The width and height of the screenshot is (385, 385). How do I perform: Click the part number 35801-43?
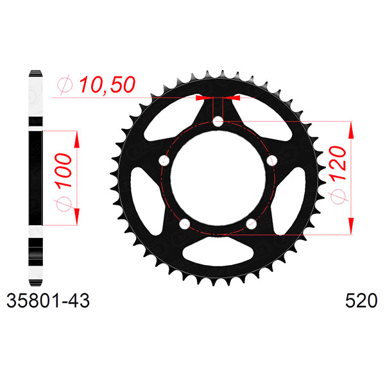pyautogui.click(x=48, y=301)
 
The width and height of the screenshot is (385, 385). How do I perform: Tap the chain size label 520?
pyautogui.click(x=361, y=301)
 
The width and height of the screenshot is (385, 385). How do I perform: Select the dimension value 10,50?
pyautogui.click(x=107, y=85)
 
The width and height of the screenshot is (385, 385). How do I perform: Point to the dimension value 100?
pyautogui.click(x=64, y=171)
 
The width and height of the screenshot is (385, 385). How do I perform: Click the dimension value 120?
pyautogui.click(x=338, y=163)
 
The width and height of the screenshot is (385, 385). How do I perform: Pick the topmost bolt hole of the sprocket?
pyautogui.click(x=218, y=121)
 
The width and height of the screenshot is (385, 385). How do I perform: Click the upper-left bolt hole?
pyautogui.click(x=164, y=161)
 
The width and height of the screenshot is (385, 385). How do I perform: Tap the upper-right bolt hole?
pyautogui.click(x=272, y=161)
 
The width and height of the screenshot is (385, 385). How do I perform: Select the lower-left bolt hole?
pyautogui.click(x=185, y=224)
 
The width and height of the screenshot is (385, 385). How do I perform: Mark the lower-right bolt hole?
pyautogui.click(x=251, y=224)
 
